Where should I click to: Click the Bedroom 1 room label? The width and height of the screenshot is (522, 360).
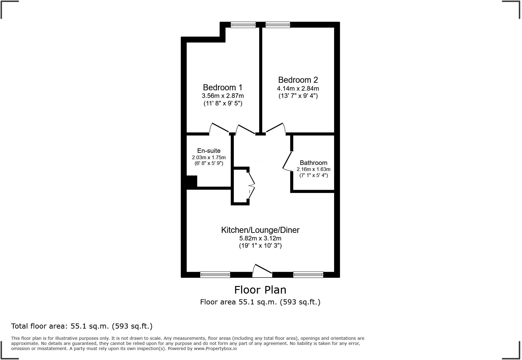point(223,88)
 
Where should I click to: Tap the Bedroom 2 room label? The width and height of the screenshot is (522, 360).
point(298,80)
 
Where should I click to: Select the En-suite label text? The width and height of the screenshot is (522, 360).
point(209,151)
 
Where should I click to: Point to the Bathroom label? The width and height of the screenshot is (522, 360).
point(313,163)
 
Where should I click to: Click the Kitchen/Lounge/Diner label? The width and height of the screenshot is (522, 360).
point(260,230)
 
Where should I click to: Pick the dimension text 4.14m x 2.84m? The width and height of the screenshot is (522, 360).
point(298,89)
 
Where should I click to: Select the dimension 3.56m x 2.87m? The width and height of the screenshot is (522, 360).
point(223,96)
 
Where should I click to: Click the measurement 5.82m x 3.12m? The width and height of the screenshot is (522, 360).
point(260,238)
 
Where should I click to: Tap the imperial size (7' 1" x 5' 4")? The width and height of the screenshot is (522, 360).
point(313,175)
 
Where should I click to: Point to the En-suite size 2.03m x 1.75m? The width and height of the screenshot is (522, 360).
point(209,157)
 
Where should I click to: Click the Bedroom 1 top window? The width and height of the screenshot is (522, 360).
point(243,25)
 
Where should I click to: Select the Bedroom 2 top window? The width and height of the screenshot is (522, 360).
point(278,25)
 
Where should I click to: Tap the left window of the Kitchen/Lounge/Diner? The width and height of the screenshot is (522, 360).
point(215,275)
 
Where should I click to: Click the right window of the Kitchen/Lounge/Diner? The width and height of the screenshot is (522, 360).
point(308,275)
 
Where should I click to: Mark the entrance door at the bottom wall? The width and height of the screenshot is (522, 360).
point(262,271)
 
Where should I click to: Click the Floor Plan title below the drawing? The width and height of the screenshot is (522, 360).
point(260,290)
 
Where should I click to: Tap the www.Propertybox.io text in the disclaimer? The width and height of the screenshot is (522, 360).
point(215,349)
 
